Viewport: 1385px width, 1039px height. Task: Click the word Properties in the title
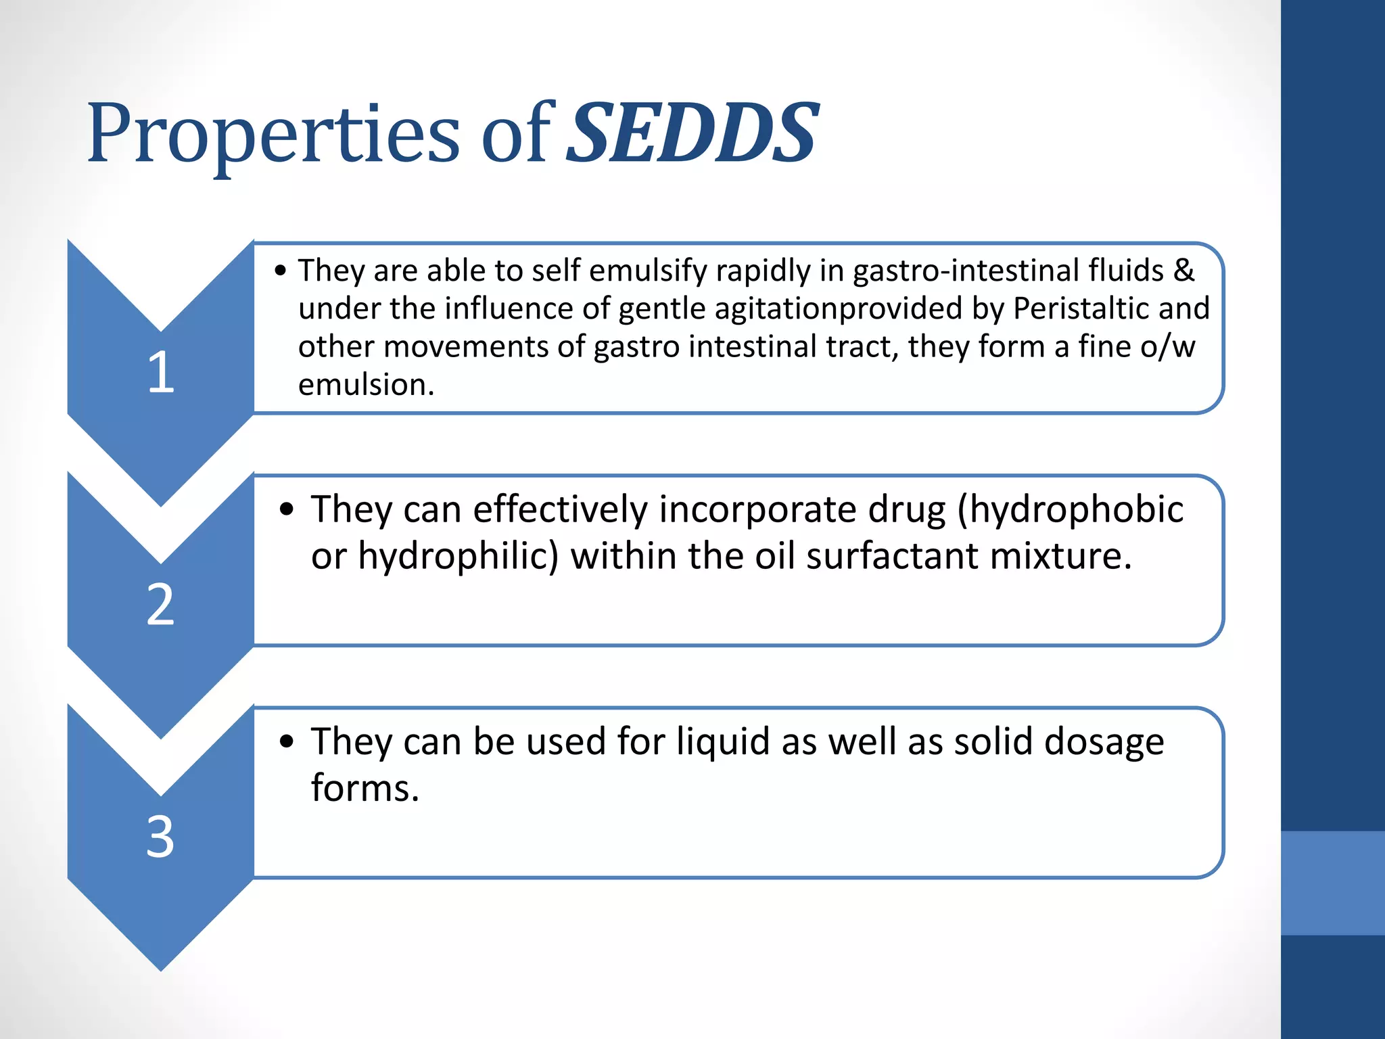tap(273, 134)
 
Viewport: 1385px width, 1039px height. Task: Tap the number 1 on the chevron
tap(161, 372)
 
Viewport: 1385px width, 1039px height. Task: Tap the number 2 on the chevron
tap(161, 604)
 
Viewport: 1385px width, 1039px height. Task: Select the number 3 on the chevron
tap(161, 837)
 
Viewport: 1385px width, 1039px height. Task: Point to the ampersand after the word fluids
tap(1183, 271)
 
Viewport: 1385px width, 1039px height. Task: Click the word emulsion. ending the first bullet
tap(366, 385)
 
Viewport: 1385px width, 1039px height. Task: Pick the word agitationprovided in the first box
tap(838, 309)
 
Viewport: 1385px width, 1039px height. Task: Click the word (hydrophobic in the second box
tap(1071, 510)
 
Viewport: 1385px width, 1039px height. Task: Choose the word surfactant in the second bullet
tap(892, 557)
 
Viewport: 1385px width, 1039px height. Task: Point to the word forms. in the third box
tap(365, 789)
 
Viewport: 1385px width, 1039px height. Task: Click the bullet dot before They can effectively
tap(287, 509)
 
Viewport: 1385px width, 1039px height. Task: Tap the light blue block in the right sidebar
tap(1332, 883)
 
